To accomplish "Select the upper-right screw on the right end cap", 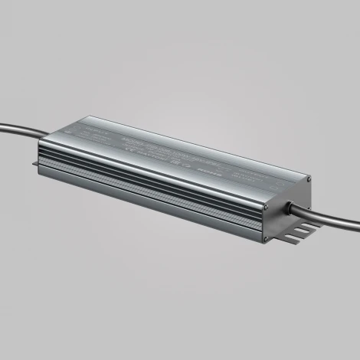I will point(308,181).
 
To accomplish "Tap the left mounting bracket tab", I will point(35,163).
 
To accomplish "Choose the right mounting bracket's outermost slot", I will point(309,227).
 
